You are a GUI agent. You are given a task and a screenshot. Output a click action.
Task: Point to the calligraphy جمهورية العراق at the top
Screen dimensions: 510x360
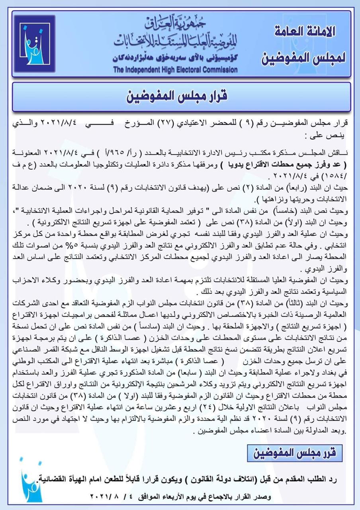[x=175, y=25]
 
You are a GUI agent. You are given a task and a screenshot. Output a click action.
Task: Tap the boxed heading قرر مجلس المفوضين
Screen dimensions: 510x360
[x=293, y=452]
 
